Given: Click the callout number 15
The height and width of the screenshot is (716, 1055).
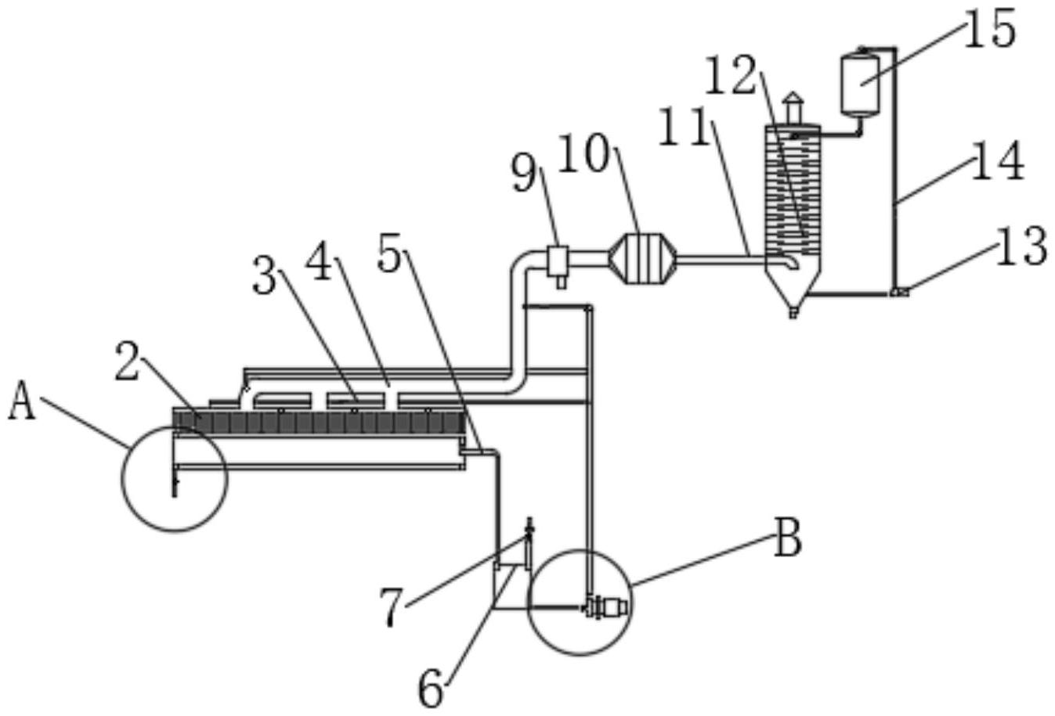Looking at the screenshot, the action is pos(988,29).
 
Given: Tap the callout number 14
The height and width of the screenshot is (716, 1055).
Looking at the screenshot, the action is pos(998,161).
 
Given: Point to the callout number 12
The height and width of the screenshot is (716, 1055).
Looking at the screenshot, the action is pos(731,75).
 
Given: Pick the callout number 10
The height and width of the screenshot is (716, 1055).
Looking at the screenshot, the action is pos(584,154).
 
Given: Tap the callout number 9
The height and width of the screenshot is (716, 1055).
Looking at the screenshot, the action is pos(524,173).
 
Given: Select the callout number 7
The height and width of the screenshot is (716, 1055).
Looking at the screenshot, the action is pos(392,607).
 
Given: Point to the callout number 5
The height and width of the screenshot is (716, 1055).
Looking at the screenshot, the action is pos(389,254).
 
